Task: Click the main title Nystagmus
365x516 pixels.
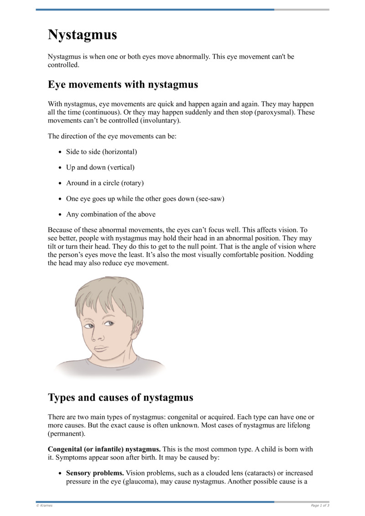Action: (x=83, y=35)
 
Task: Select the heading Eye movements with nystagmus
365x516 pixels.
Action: (x=123, y=84)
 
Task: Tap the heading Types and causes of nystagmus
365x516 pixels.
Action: (x=120, y=397)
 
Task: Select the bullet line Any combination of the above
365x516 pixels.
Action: (x=111, y=214)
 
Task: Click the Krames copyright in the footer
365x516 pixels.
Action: (x=45, y=505)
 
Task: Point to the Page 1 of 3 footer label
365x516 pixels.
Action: (x=320, y=505)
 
